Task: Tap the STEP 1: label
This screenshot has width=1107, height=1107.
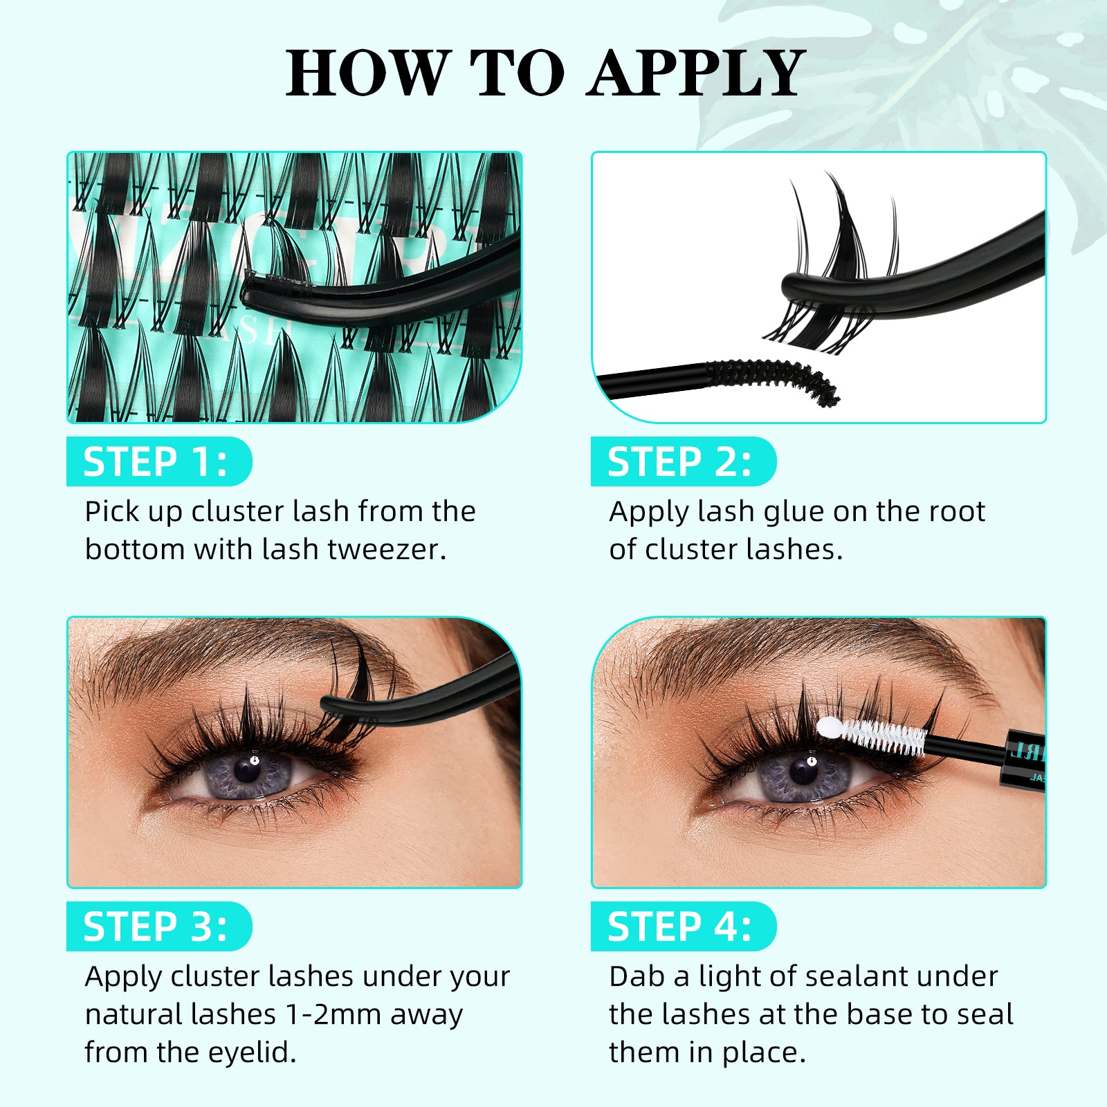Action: click(156, 462)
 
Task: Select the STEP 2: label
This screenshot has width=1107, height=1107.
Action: click(679, 462)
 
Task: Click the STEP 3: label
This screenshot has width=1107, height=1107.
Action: click(156, 927)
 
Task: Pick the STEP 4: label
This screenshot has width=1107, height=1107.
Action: click(679, 927)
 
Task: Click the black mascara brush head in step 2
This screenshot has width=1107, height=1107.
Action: click(775, 377)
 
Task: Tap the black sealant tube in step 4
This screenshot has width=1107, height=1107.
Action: click(1024, 761)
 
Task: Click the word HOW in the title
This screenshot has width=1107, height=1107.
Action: click(367, 73)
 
